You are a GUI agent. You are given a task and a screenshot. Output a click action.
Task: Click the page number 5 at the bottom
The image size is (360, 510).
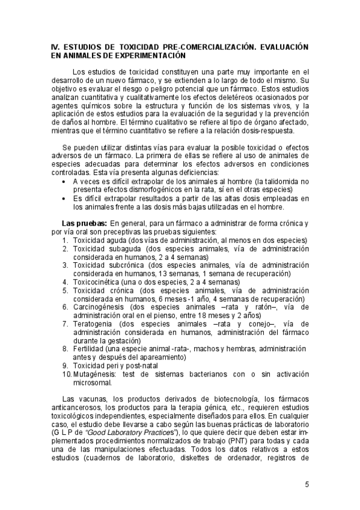tap(307, 485)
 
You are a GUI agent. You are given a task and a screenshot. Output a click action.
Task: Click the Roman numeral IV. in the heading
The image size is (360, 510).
tap(55, 46)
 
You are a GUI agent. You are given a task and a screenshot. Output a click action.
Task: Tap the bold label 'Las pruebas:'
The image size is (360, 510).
tap(84, 223)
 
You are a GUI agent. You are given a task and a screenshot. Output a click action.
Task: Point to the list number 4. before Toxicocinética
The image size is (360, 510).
tap(66, 281)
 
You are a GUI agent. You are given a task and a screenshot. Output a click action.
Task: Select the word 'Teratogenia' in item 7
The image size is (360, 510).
tap(93, 324)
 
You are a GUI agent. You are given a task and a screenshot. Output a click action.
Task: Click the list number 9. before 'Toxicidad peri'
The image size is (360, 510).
tap(66, 366)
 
